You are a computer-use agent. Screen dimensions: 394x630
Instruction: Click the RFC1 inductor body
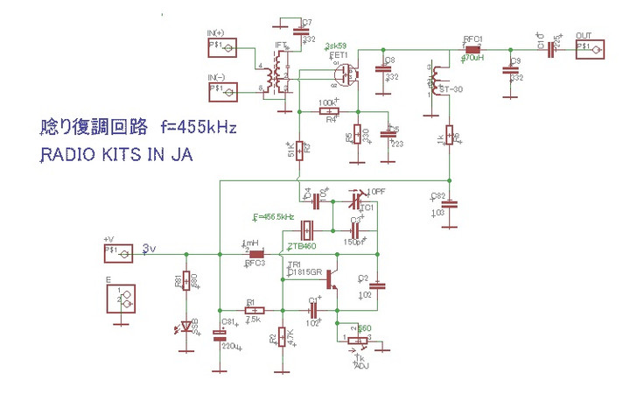pyautogui.click(x=473, y=50)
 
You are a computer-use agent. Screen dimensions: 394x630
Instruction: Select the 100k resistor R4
pyautogui.click(x=324, y=112)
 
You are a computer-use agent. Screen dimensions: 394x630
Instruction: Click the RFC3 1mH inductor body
pyautogui.click(x=256, y=254)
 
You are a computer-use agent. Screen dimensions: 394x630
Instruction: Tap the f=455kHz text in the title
pyautogui.click(x=198, y=127)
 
